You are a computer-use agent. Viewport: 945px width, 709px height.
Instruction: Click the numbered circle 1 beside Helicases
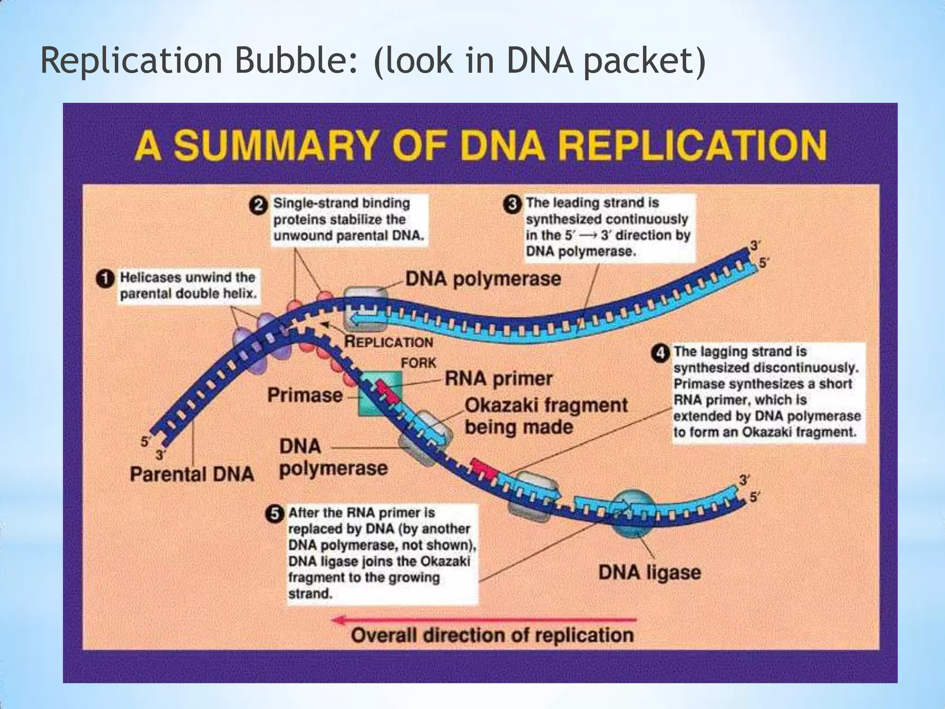pos(105,279)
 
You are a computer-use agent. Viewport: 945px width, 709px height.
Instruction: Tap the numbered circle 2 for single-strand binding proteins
pos(259,205)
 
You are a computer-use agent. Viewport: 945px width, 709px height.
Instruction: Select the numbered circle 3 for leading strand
pos(511,205)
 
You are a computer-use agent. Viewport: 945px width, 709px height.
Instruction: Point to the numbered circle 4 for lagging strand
pos(660,353)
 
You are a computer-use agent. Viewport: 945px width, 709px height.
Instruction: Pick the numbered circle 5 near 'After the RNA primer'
pos(275,514)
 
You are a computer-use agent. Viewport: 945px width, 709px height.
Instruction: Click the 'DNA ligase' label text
pos(649,573)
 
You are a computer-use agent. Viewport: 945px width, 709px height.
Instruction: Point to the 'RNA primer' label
pos(498,379)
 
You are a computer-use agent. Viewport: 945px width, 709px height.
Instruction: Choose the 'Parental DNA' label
pos(191,474)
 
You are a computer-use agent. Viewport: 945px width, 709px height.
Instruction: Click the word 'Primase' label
pos(305,395)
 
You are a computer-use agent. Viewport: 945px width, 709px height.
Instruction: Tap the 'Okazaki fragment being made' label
pos(545,415)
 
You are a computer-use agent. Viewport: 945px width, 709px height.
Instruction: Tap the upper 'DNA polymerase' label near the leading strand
pos(483,279)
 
